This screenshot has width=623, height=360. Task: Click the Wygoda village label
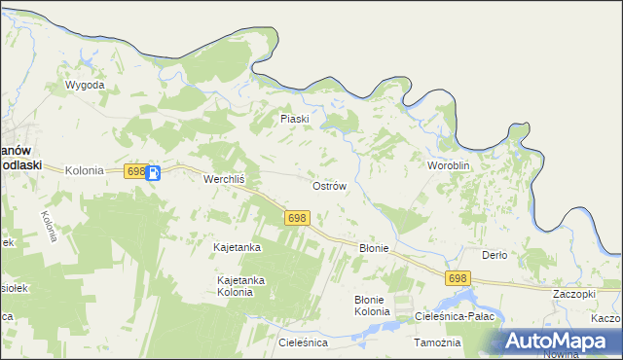(84, 86)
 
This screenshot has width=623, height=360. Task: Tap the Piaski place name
(294, 119)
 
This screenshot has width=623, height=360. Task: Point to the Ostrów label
(328, 185)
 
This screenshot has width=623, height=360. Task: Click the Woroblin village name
(449, 166)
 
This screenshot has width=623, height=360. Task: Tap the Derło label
(495, 255)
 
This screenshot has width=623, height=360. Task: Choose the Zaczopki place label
(573, 294)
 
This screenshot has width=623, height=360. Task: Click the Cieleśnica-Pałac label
(456, 317)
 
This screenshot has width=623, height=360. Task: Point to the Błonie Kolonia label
(372, 306)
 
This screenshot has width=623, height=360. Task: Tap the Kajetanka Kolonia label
(240, 286)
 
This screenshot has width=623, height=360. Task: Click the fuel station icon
(154, 172)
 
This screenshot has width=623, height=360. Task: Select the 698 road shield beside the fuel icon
(135, 171)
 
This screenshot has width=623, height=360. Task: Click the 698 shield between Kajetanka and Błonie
(298, 218)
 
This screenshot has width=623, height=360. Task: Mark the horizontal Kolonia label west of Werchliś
(84, 170)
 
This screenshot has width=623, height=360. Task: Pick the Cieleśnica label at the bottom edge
(303, 343)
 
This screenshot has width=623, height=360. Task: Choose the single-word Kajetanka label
(237, 248)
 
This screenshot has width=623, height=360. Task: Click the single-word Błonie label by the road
(374, 248)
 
